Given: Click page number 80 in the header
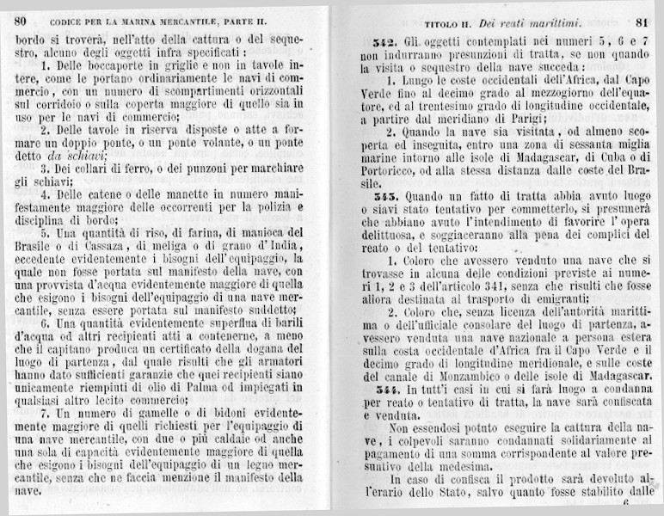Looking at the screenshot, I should point(21,20).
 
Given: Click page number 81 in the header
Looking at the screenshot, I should point(641,20).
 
